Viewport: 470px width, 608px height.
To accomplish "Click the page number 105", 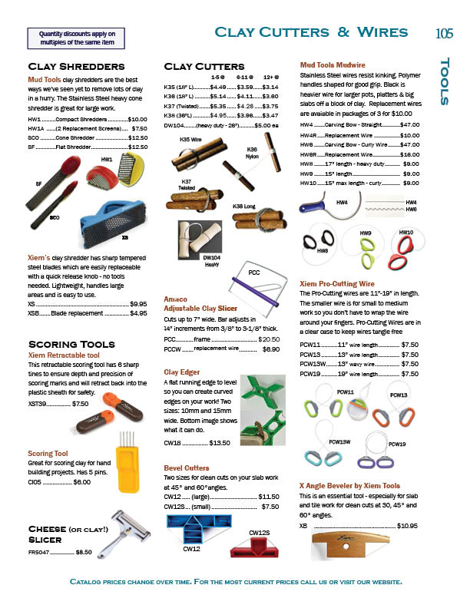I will [445, 33].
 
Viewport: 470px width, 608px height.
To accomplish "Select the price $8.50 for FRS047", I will [84, 551].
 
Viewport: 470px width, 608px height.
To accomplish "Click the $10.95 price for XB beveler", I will [407, 526].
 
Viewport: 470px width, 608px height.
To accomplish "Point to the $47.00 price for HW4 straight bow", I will [409, 124].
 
